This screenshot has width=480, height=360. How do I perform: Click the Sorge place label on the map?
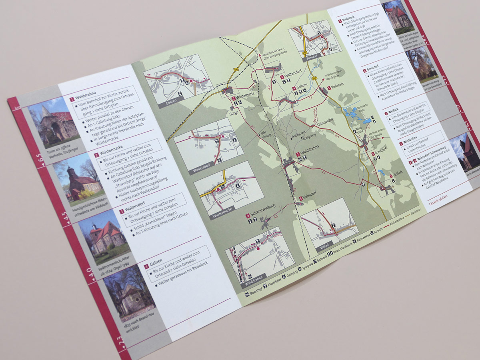click(234, 114)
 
